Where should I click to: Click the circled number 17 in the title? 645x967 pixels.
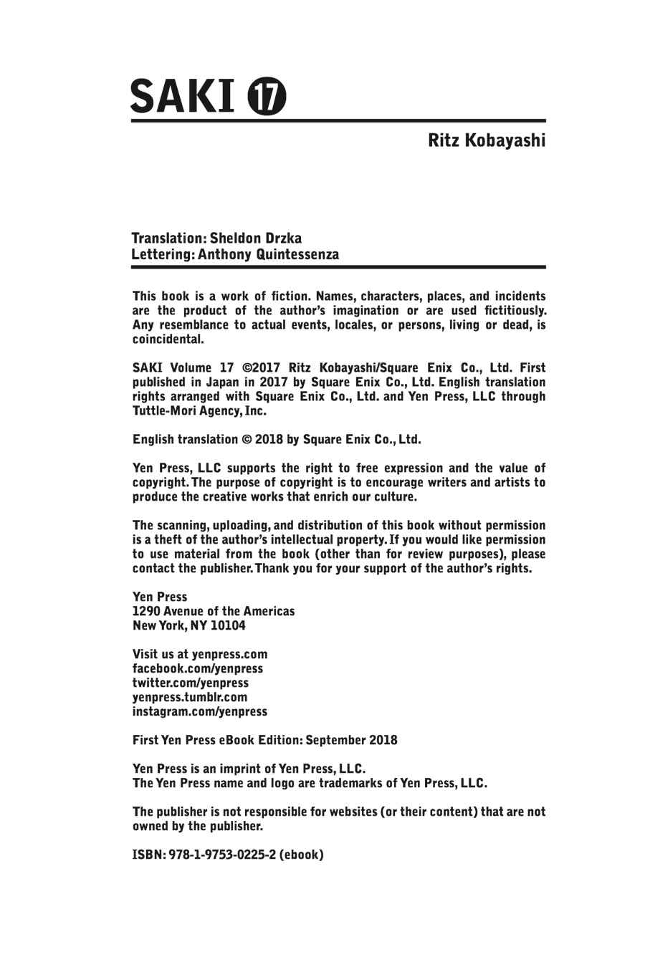pos(267,96)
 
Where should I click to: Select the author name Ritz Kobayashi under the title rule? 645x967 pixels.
pos(487,140)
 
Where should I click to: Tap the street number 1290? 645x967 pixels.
pos(146,611)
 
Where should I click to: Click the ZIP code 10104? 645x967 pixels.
pos(226,625)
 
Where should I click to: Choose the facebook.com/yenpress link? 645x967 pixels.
pos(198,668)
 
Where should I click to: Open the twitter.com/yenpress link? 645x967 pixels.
pos(191,683)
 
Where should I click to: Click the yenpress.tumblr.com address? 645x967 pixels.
pos(190,697)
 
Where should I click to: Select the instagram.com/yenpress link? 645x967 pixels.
pos(200,711)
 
